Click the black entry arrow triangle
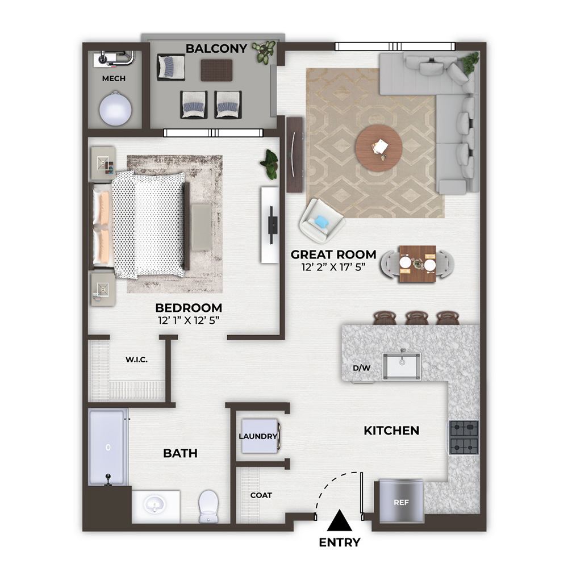(340, 520)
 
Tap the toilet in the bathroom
(208, 507)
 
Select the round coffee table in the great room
(378, 148)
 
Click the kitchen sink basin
(402, 366)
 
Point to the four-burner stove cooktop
(464, 437)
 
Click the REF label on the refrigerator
(401, 503)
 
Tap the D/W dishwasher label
(361, 368)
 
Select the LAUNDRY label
(258, 436)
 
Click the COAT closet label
(261, 495)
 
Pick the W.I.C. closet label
(136, 360)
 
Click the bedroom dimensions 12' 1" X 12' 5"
(189, 320)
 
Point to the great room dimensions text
(333, 267)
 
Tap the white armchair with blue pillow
(321, 220)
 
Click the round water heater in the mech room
(115, 108)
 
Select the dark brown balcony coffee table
(216, 70)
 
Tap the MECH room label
(114, 78)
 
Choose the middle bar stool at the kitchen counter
(417, 318)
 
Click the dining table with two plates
(417, 264)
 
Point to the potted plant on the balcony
(265, 51)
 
